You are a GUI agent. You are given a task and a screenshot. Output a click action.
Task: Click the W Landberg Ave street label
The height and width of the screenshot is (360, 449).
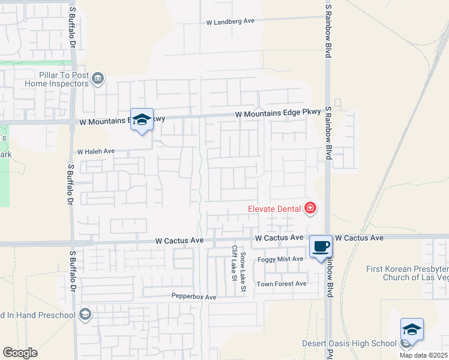[x=231, y=21]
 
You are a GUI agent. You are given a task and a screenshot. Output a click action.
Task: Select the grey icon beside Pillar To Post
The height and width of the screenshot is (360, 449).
[x=98, y=77]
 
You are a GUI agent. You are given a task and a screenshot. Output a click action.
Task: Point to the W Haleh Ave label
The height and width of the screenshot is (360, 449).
[x=95, y=151]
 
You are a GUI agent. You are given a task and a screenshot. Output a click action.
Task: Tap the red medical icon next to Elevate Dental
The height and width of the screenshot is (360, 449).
[x=310, y=209]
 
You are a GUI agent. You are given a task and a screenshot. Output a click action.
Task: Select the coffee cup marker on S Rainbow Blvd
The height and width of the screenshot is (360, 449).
[x=321, y=246]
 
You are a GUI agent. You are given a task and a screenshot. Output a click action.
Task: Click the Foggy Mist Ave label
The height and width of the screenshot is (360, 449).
[x=280, y=259]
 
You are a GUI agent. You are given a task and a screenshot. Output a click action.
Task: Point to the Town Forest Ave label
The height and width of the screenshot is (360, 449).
[x=282, y=284]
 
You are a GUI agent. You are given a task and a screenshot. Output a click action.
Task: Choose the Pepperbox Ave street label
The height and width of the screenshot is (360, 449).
[x=193, y=297]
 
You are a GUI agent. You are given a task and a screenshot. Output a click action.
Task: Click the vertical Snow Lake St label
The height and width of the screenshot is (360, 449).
[x=243, y=265]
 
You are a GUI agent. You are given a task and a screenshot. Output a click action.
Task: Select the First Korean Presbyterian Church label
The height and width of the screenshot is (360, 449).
[x=408, y=273]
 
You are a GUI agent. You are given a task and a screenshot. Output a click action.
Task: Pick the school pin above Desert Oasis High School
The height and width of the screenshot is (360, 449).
[x=412, y=330]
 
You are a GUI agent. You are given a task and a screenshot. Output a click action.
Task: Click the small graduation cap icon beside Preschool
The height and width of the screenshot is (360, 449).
[x=85, y=314]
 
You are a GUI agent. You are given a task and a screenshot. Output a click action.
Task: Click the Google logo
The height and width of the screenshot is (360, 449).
[x=20, y=353]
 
